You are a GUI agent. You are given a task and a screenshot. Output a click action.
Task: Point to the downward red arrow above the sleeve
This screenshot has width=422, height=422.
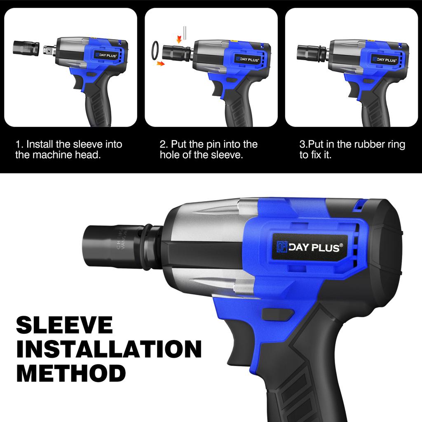179,39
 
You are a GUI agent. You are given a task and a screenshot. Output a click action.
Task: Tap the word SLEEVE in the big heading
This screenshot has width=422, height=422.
64,325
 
